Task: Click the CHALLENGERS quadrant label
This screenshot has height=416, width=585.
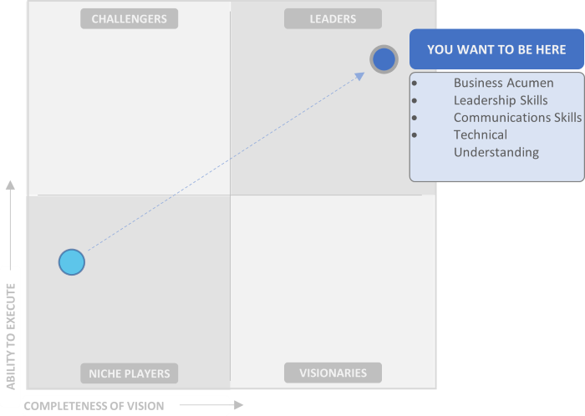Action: [x=129, y=18]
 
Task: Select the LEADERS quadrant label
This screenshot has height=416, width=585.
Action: [x=333, y=18]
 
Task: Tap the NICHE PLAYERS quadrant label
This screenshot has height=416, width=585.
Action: [x=130, y=373]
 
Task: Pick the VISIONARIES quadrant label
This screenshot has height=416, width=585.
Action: [x=333, y=373]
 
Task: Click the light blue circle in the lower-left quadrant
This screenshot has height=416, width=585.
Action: [x=72, y=262]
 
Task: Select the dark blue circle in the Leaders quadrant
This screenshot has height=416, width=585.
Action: [x=384, y=59]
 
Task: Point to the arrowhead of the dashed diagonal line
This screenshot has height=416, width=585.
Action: [x=361, y=75]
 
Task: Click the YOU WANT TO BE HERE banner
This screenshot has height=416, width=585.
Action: [x=496, y=49]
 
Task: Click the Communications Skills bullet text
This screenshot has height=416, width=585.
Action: [x=517, y=118]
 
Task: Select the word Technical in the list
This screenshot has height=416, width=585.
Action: [x=481, y=134]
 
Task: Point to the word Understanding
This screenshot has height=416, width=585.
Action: [x=496, y=152]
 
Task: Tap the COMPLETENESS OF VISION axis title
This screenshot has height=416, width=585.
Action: [x=94, y=406]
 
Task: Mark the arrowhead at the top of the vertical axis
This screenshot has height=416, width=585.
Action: [x=10, y=185]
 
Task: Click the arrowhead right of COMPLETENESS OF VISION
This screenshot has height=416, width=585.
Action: [x=239, y=405]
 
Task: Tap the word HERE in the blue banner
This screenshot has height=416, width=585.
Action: [x=548, y=49]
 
